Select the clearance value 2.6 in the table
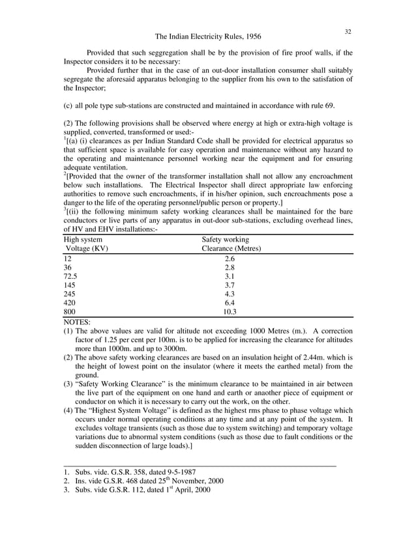[229, 258]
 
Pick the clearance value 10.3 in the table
[229, 312]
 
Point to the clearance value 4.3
[229, 294]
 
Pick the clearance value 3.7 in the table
[229, 285]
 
